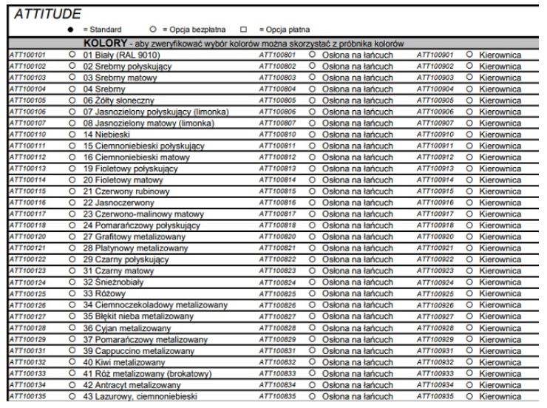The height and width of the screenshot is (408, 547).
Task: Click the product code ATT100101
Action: point(27,55)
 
